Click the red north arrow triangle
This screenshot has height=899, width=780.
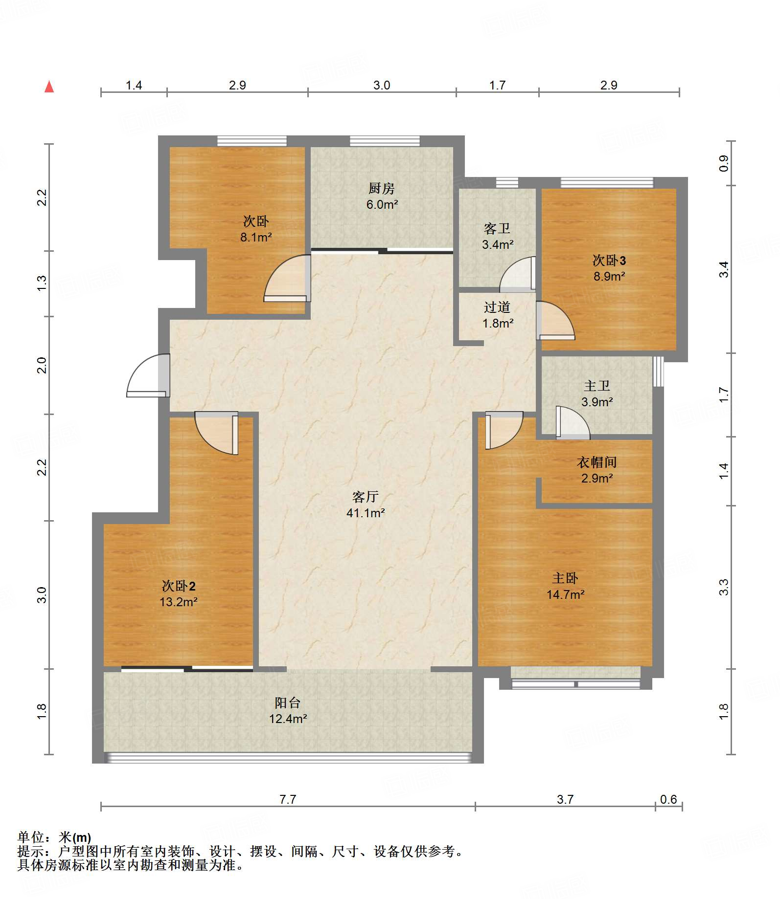pos(49,87)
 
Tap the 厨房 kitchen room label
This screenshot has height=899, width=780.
pos(382,188)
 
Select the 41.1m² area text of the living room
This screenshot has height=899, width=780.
pos(366,513)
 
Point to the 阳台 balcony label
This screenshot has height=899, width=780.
pos(288,703)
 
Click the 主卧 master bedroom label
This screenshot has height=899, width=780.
pos(565,578)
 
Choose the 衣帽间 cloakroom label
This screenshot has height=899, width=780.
pos(596,462)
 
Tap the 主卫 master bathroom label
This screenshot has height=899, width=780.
pos(597,386)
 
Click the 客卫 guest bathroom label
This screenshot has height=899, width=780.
pos(497,228)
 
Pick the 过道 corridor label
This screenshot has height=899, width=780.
pos(497,307)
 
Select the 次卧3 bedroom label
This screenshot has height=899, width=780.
pos(609,260)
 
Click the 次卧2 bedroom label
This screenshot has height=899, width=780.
pos(179,586)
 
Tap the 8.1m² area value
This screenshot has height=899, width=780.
pos(256,238)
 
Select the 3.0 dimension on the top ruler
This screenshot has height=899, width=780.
pos(382,85)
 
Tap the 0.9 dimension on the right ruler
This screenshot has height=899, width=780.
pos(724,163)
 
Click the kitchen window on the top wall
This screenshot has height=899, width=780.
pos(385,141)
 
